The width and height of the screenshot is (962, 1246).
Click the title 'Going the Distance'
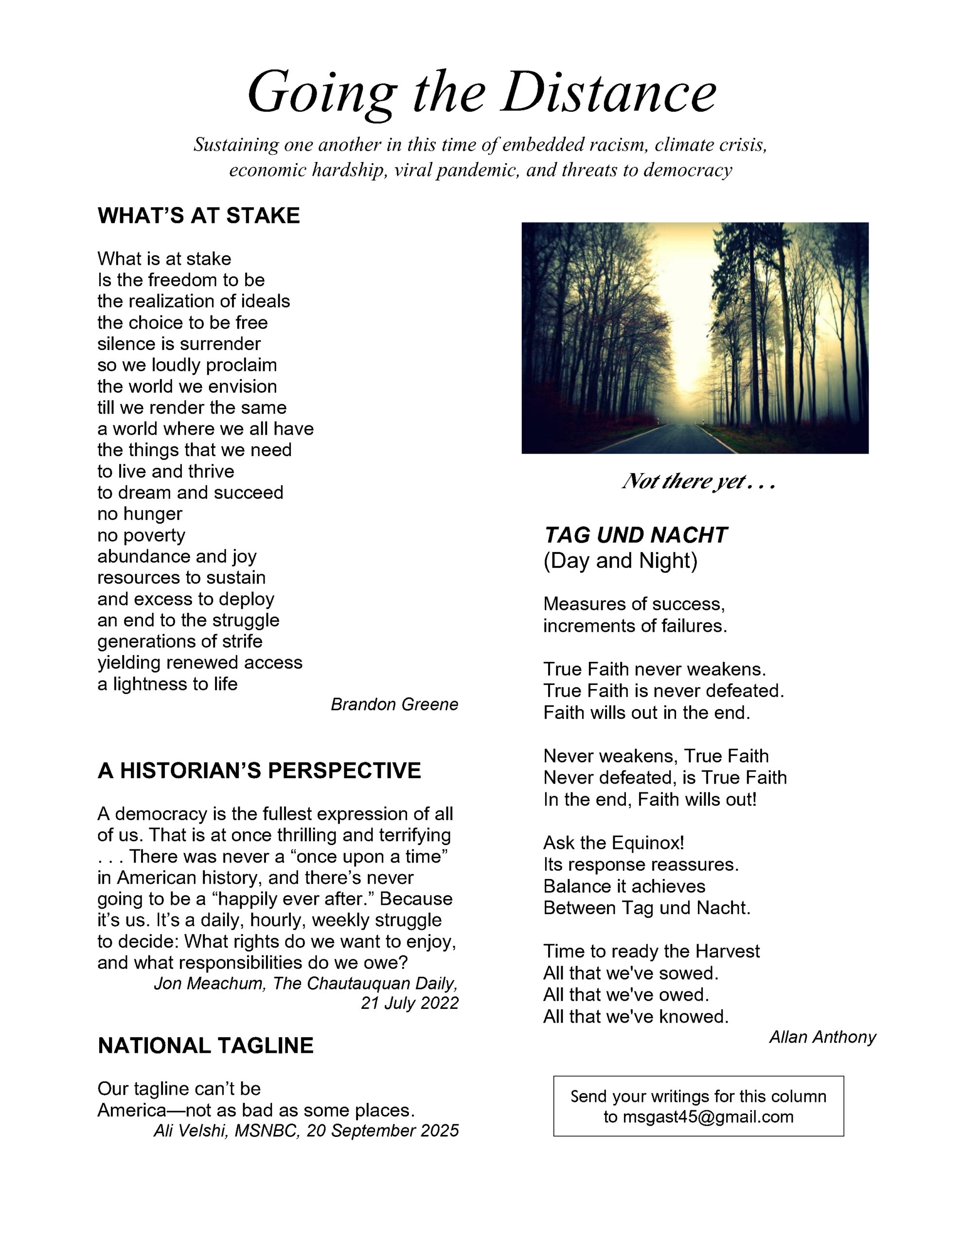481,92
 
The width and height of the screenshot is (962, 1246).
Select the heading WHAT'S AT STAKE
198,216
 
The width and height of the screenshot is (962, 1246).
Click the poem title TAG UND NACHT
635,535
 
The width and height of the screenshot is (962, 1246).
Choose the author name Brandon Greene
394,705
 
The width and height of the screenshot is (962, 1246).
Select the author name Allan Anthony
822,1037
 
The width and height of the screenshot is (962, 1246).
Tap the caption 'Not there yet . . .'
698,482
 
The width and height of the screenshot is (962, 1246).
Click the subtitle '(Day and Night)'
620,561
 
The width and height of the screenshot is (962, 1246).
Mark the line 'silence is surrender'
178,344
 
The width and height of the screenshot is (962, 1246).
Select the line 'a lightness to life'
167,683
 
